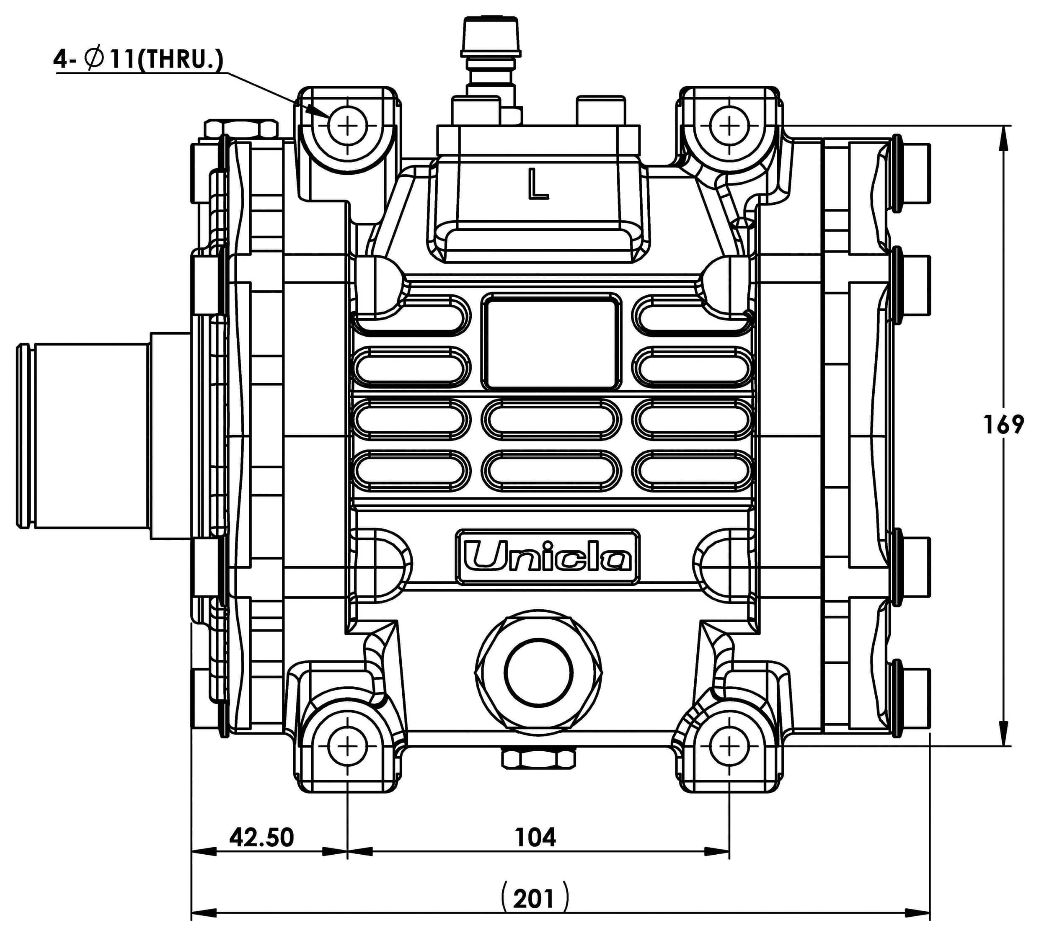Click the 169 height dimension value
pos(1003,425)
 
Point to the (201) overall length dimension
pos(535,899)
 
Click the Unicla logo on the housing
pos(547,558)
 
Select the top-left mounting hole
pos(348,125)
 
